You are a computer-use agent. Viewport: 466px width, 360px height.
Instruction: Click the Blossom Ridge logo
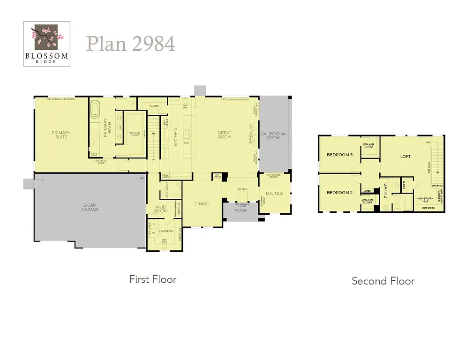(x=47, y=44)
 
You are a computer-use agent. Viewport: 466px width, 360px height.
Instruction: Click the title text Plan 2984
(x=130, y=44)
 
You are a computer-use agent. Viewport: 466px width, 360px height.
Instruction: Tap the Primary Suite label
(x=61, y=135)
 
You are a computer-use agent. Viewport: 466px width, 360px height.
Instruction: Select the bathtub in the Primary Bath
(x=96, y=109)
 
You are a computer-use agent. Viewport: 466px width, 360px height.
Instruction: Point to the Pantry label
(x=154, y=106)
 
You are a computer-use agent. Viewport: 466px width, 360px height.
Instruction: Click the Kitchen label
(x=176, y=137)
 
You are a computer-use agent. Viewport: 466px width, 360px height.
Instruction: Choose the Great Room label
(x=225, y=135)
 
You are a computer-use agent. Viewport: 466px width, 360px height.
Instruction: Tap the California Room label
(x=273, y=135)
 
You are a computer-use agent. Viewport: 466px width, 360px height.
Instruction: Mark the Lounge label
(x=274, y=193)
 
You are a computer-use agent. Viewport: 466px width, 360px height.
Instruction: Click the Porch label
(x=240, y=210)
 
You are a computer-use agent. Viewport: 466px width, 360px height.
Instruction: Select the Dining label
(x=202, y=203)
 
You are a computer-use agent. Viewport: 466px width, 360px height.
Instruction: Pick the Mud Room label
(x=161, y=209)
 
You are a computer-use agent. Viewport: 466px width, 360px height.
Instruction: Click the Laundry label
(x=166, y=231)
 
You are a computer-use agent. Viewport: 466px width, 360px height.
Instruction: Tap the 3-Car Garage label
(x=90, y=207)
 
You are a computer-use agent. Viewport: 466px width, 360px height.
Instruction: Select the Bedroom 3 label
(x=339, y=155)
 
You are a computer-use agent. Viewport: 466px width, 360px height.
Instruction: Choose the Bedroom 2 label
(x=339, y=193)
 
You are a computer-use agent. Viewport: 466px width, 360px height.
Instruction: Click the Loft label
(x=406, y=156)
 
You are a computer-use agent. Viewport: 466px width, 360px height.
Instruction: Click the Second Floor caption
(x=383, y=281)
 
